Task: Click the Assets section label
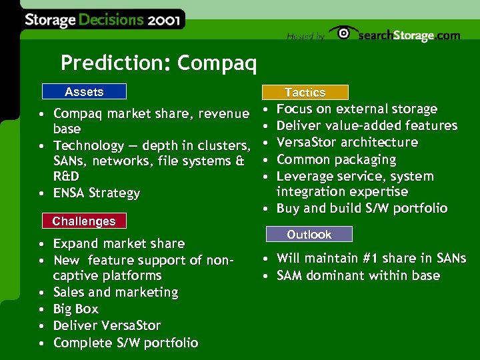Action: click(84, 92)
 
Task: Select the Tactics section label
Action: click(305, 93)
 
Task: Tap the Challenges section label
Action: click(84, 221)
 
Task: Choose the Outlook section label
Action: click(309, 235)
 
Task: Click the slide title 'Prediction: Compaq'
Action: click(158, 63)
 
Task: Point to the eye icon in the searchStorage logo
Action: click(343, 33)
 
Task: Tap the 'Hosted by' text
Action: click(305, 37)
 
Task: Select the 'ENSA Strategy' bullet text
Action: click(97, 193)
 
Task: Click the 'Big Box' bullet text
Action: click(75, 309)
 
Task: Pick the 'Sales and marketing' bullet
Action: click(115, 292)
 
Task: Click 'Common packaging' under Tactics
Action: click(336, 159)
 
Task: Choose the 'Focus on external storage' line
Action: click(357, 109)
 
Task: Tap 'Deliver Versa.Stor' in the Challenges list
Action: click(107, 325)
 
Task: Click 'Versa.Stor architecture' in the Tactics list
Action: click(347, 142)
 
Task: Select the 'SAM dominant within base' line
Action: click(358, 275)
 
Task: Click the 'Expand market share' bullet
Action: click(119, 243)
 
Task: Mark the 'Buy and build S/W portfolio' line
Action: click(362, 208)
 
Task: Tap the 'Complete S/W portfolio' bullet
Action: click(125, 343)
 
